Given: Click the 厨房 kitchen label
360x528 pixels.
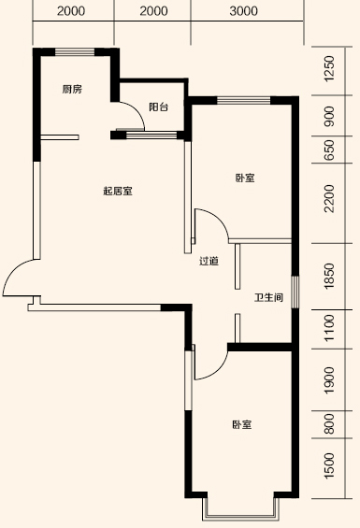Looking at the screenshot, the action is pyautogui.click(x=72, y=89).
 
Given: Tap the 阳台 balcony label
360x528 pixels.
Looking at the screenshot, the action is pyautogui.click(x=158, y=108).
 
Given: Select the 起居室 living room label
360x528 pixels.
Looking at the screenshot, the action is pyautogui.click(x=117, y=192).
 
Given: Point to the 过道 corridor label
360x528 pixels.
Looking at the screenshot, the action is pyautogui.click(x=209, y=261).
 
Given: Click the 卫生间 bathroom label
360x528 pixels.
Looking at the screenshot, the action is pyautogui.click(x=268, y=299).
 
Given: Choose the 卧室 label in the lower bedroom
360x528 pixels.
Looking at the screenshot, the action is pyautogui.click(x=242, y=425).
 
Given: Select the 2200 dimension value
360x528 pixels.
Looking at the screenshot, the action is pyautogui.click(x=328, y=199).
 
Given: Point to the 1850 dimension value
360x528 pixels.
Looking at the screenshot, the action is pyautogui.click(x=328, y=276).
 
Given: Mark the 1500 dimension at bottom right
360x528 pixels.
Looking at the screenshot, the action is pyautogui.click(x=328, y=465).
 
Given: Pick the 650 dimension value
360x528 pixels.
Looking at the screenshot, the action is pyautogui.click(x=328, y=151).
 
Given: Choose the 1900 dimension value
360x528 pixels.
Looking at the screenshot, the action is pyautogui.click(x=328, y=380).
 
